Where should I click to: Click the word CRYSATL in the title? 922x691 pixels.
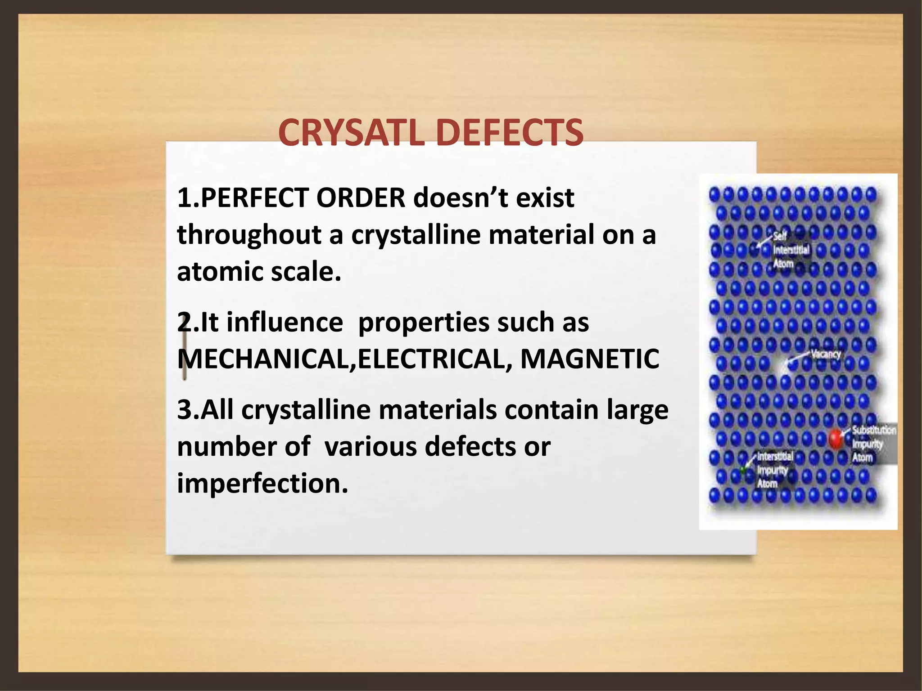pos(351,133)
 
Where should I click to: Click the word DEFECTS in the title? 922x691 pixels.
pos(510,133)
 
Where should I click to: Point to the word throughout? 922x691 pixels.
pos(249,236)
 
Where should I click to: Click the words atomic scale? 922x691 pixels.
pos(259,272)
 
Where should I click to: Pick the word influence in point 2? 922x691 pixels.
pos(284,323)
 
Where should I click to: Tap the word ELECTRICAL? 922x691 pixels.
pos(432,359)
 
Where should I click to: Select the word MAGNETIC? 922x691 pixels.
pos(589,359)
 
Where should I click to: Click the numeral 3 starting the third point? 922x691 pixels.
pos(184,410)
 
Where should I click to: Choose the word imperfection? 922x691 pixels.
pos(262,484)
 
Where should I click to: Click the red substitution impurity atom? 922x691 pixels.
pos(836,438)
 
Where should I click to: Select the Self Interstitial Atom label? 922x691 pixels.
pos(791,250)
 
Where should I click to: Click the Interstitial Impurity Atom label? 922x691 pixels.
pos(774,470)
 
